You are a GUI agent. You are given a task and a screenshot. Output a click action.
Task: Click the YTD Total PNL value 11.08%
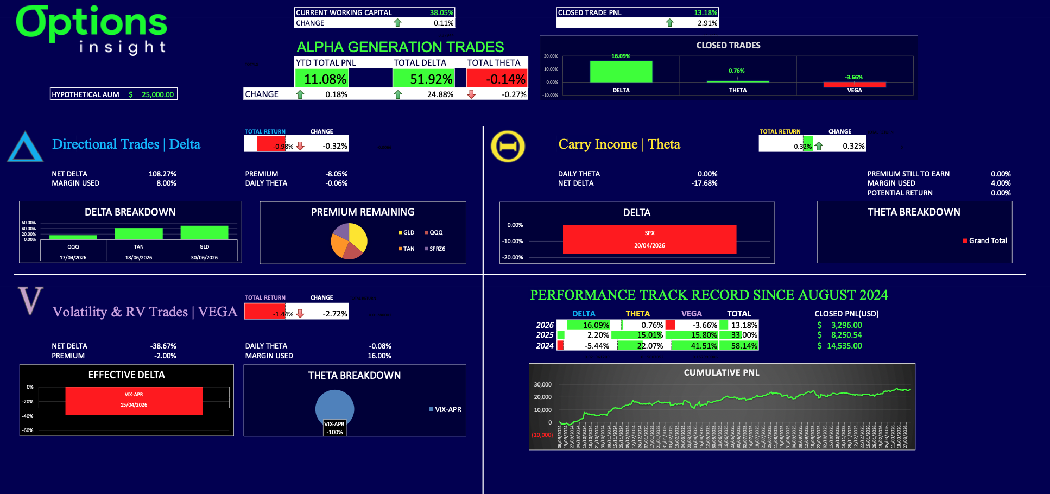point(325,79)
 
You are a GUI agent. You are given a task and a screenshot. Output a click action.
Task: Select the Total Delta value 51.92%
point(431,79)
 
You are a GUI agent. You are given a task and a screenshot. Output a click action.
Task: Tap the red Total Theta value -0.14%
point(505,79)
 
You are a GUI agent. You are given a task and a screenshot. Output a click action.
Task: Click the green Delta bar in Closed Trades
point(621,72)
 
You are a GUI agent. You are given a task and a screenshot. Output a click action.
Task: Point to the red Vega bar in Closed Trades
point(855,84)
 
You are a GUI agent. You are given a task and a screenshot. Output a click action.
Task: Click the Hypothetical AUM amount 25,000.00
point(157,94)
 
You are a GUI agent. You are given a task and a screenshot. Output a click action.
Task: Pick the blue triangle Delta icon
point(25,147)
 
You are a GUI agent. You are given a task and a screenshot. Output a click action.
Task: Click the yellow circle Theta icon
point(508,147)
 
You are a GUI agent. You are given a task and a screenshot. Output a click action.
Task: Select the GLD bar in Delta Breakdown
point(204,232)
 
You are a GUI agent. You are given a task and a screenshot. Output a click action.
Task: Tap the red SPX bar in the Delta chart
point(649,239)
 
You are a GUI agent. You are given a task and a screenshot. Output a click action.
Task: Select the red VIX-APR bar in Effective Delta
point(134,401)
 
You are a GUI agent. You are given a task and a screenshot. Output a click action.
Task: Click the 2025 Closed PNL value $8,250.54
point(846,335)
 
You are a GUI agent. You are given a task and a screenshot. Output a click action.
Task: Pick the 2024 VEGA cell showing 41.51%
point(704,346)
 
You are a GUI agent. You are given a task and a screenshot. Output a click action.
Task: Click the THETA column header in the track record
point(637,314)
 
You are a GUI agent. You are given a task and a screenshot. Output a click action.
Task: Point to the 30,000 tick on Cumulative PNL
point(542,384)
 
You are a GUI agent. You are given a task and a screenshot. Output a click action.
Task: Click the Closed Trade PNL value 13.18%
point(705,12)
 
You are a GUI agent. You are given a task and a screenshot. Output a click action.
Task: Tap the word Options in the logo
point(91,23)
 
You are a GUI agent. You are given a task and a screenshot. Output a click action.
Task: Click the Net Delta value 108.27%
point(162,174)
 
